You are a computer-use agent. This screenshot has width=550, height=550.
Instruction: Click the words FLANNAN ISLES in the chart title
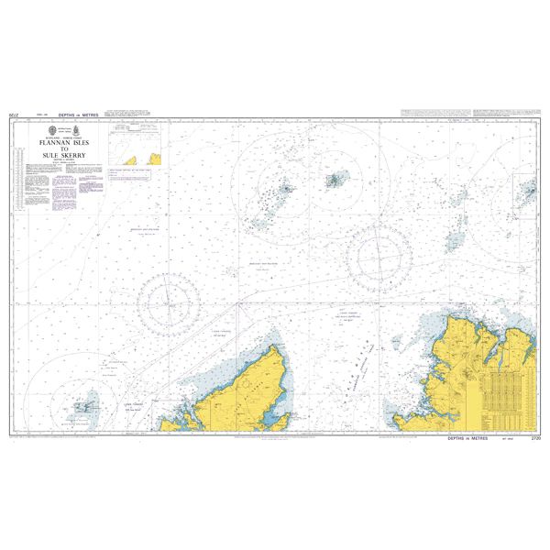pyautogui.click(x=62, y=145)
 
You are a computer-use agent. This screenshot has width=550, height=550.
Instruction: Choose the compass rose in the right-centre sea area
pyautogui.click(x=381, y=248)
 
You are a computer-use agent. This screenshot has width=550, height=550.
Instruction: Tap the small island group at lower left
pyautogui.click(x=84, y=402)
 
